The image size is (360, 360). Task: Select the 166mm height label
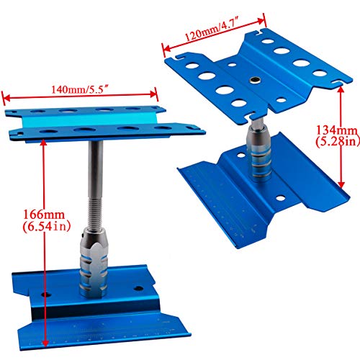[x=44, y=215]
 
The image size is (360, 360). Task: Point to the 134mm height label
[x=337, y=130]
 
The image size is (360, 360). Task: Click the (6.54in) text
[x=47, y=226]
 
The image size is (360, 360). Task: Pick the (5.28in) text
[x=338, y=141]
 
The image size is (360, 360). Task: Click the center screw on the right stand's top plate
[x=254, y=80]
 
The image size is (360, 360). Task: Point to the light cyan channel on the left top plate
[x=89, y=120]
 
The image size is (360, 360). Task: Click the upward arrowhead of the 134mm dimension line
[x=341, y=90]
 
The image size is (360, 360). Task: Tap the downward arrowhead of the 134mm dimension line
[x=341, y=184]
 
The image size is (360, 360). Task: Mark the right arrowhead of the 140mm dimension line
[x=153, y=94]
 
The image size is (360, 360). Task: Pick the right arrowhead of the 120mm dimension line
[x=261, y=21]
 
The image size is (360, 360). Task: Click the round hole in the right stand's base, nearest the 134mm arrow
[x=280, y=198]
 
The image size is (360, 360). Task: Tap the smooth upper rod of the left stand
[x=96, y=171]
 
